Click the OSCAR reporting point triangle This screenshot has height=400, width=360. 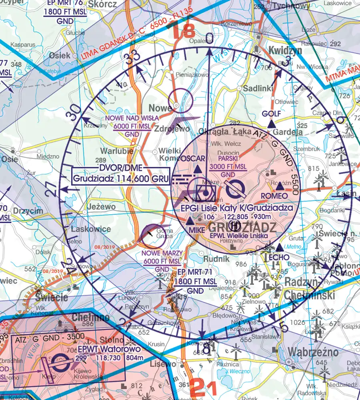point(197,170)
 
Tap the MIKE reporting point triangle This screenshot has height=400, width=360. point(190,221)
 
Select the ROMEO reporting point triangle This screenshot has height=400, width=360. point(281,187)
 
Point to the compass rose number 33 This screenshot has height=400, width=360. point(130,59)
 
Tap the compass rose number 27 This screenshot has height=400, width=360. point(50,188)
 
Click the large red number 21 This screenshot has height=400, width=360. point(203,388)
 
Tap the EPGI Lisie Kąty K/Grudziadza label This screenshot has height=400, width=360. point(234,208)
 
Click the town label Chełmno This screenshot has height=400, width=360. point(88,317)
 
